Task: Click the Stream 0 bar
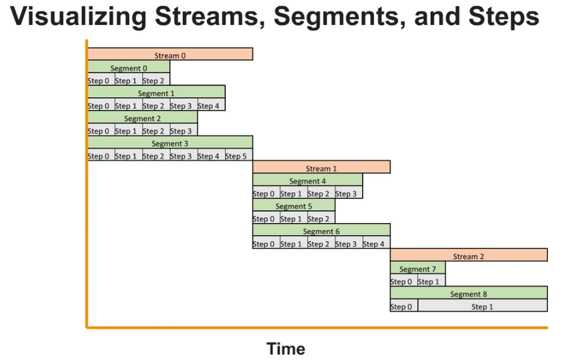coord(170,54)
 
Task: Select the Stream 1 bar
coord(321,167)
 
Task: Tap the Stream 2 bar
coord(469,255)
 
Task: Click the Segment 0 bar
coord(129,66)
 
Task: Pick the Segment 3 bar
coord(170,142)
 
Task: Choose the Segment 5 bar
coord(293,205)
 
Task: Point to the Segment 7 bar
coord(418,267)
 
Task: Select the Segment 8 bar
coord(469,292)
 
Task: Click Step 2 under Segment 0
coord(156,79)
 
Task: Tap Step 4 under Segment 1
coord(211,104)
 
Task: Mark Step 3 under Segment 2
coord(184,129)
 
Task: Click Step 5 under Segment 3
coord(239,154)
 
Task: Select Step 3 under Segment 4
coord(349,192)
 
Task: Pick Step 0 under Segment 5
coord(267,217)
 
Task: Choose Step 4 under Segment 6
coord(377,242)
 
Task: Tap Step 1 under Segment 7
coord(431,280)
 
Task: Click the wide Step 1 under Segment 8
coord(483,305)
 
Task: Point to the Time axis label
coord(286,349)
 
